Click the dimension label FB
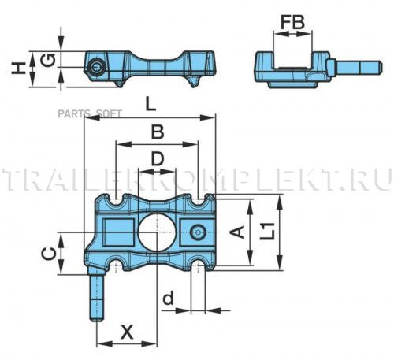pos(292,22)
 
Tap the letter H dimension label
pos(19,69)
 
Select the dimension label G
pos(48,60)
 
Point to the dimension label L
pos(151,104)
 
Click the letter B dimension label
pos(158,132)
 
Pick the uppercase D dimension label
pos(158,158)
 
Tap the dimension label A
pos(237,232)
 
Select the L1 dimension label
pos(267,232)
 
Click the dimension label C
pos(49,254)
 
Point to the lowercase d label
pos(168,298)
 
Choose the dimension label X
pos(127,332)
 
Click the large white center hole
pos(157,232)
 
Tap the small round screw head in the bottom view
pos(198,232)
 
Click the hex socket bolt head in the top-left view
pos(97,68)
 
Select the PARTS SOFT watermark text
pos(90,113)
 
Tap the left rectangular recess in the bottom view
pos(118,232)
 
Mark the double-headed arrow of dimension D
pos(157,172)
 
